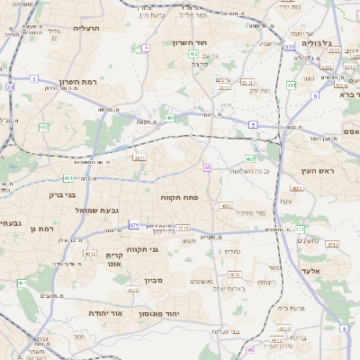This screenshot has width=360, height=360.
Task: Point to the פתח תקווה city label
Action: pos(179,197)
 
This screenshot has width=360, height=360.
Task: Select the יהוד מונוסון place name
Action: pos(180,312)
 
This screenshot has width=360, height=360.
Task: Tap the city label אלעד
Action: pos(335,271)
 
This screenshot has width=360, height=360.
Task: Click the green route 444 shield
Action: pos(292,85)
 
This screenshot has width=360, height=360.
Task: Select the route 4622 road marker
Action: pos(132,290)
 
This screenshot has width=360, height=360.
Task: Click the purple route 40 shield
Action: pos(208,167)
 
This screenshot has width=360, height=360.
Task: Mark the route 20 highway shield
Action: pos(10,87)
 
